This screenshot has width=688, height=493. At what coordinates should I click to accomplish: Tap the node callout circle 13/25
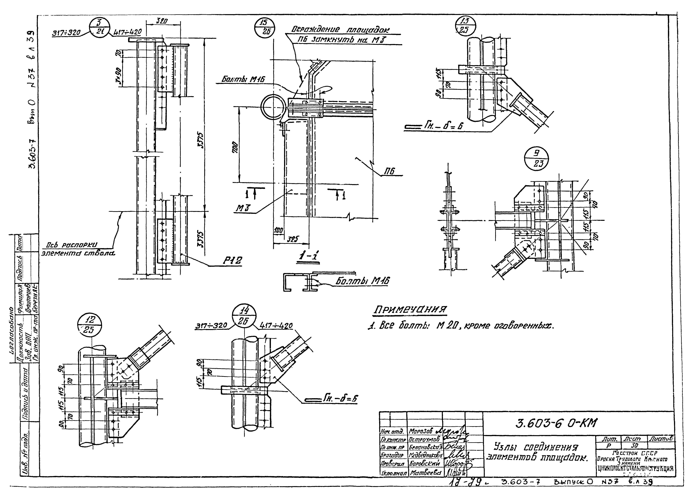pyautogui.click(x=466, y=26)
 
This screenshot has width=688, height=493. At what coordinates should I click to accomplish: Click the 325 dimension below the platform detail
pyautogui.click(x=292, y=239)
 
